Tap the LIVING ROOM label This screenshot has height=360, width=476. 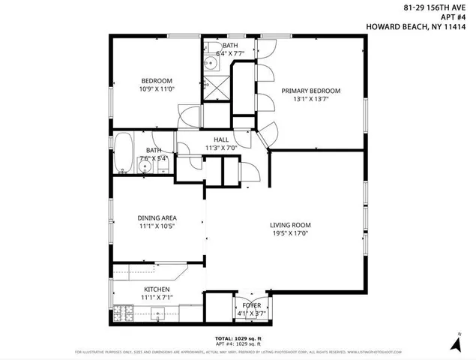(292, 225)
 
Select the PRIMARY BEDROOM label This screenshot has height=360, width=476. (310, 91)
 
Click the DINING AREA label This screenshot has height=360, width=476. (157, 218)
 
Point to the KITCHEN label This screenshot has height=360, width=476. (157, 289)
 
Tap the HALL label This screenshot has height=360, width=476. (221, 139)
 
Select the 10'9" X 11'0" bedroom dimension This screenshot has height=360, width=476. (157, 89)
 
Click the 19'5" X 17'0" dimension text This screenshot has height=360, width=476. (292, 233)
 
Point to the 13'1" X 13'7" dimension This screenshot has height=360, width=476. (310, 99)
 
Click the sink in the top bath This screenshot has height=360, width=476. (208, 64)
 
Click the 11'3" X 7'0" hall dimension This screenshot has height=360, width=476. (221, 148)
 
